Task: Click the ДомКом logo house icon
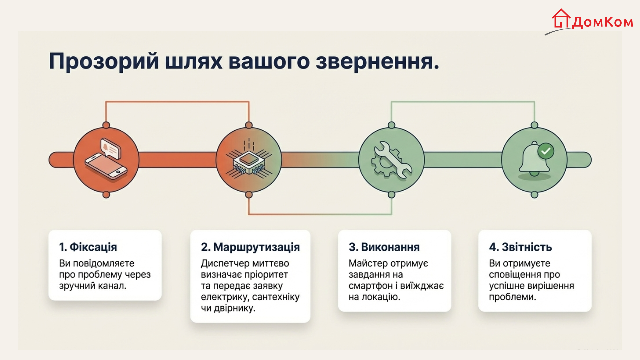(561, 19)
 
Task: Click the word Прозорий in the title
(104, 62)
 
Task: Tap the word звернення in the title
(377, 62)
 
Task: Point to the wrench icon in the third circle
(392, 159)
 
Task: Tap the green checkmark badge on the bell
(546, 151)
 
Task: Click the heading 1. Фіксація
(88, 247)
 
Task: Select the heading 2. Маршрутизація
(250, 247)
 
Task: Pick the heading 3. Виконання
(384, 247)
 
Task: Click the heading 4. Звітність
(520, 247)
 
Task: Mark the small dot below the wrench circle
(392, 195)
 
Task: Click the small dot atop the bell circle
(534, 125)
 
